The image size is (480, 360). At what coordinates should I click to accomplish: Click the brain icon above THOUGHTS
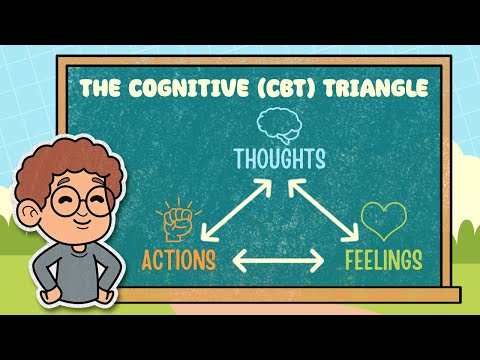274,124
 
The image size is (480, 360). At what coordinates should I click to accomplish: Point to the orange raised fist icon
175,223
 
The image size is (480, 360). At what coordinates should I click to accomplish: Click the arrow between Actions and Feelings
278,262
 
